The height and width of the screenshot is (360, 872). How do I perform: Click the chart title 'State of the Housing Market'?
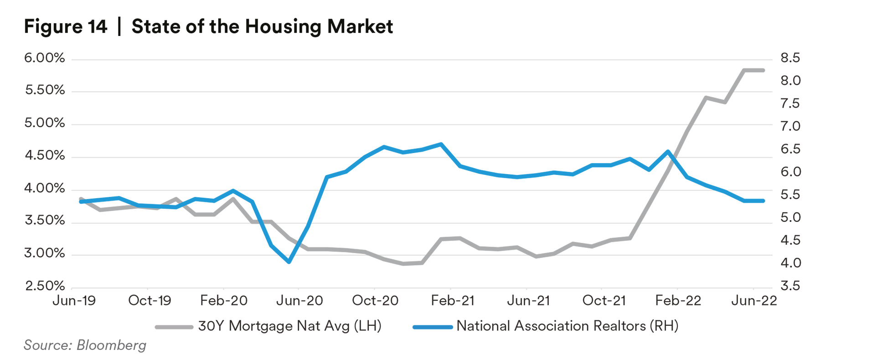(262, 26)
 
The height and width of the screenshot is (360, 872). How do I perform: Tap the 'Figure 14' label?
(66, 26)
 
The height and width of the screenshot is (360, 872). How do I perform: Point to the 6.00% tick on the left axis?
(45, 58)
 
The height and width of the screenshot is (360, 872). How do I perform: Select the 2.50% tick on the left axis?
(45, 286)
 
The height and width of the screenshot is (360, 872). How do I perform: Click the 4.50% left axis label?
(45, 156)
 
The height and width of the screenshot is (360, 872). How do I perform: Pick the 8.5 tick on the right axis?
(790, 58)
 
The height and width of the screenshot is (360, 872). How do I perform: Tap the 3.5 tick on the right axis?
(790, 286)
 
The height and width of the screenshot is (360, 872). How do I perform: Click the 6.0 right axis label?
(790, 172)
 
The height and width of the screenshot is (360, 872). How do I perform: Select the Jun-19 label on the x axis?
(74, 301)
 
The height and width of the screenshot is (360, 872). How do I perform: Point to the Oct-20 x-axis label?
(375, 301)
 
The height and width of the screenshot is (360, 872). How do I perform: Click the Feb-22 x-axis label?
(678, 301)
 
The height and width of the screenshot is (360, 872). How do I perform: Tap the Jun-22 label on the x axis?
(754, 301)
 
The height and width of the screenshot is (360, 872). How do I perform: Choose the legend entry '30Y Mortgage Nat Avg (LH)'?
(289, 326)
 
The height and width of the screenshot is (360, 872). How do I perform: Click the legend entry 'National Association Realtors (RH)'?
(568, 326)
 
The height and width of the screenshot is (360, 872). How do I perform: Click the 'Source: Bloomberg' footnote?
(85, 345)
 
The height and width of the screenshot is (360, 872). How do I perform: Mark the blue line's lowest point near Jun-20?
(289, 262)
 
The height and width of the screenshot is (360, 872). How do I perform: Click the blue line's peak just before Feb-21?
(441, 144)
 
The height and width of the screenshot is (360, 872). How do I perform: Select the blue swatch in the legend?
(432, 327)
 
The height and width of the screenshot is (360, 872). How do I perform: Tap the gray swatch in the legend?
(174, 327)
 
